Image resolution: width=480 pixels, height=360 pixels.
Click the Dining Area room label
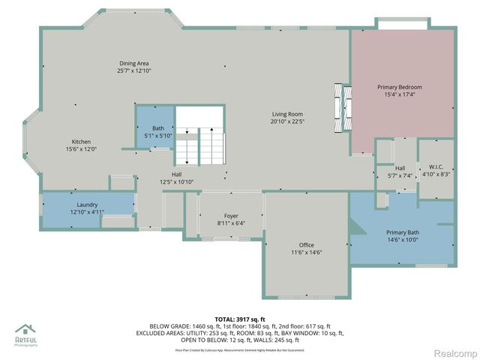(x=134, y=63)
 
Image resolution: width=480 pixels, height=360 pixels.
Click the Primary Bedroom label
(x=403, y=87)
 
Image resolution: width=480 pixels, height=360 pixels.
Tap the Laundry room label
(x=87, y=204)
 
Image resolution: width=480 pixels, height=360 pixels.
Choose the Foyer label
(x=231, y=215)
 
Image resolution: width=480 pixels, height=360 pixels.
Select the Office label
(x=306, y=244)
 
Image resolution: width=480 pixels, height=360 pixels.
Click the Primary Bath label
(x=403, y=232)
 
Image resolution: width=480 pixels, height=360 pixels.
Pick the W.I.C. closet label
(x=436, y=167)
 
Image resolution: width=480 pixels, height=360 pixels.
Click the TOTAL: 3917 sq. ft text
(x=239, y=319)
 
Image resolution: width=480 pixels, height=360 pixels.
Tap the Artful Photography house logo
(x=26, y=331)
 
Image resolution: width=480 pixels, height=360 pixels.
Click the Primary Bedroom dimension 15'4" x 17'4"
(x=403, y=94)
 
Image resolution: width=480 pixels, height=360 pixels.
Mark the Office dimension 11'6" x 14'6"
(x=306, y=252)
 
